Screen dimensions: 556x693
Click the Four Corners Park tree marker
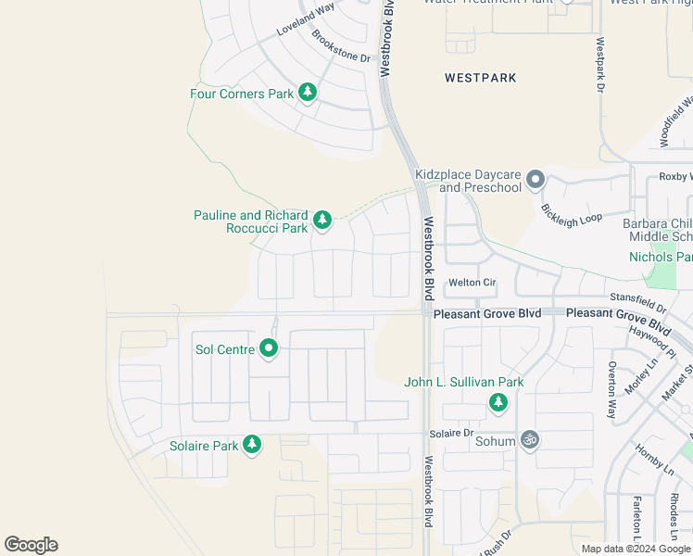pos(308,93)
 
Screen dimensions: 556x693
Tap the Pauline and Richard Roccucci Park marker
pos(321,221)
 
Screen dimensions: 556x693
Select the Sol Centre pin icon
pos(269,348)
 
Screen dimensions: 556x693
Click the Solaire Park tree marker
pos(252,446)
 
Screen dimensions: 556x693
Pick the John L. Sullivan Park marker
pos(498,402)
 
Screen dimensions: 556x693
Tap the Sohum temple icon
pos(530,440)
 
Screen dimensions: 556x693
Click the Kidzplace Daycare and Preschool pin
pos(535,180)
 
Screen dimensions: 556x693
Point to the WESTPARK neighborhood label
pos(480,78)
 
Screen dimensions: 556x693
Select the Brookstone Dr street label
pos(341,45)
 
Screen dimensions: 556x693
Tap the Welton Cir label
pos(472,283)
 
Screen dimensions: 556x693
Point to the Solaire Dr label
pos(451,434)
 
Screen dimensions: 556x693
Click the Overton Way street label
pos(612,389)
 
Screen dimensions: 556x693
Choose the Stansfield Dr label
pos(638,300)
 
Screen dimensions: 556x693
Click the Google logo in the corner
pos(31,544)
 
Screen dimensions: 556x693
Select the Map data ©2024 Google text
pos(636,549)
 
